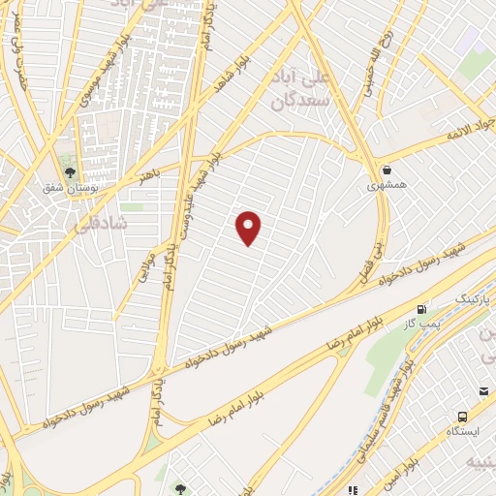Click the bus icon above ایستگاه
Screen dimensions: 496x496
[x=484, y=391]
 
